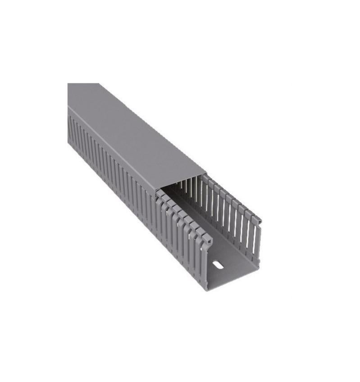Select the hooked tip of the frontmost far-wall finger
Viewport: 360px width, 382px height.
(x=257, y=221)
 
